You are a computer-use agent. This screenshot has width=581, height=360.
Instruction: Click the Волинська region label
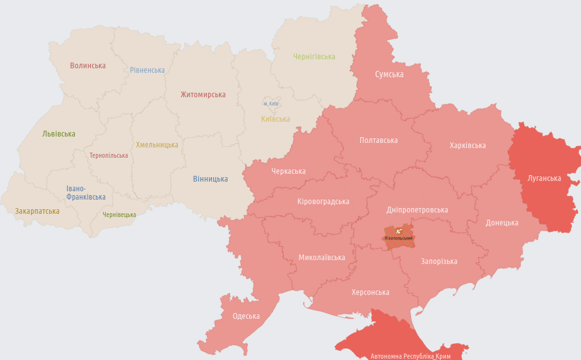[x=88, y=66]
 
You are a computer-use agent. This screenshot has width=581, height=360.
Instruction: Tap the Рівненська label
[x=147, y=70]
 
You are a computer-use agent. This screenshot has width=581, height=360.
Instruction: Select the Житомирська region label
[x=203, y=95]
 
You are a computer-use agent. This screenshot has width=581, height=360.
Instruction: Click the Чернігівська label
[x=314, y=57]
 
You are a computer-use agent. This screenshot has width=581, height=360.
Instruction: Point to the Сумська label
[x=389, y=74]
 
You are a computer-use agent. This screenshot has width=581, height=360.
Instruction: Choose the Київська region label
[x=275, y=119]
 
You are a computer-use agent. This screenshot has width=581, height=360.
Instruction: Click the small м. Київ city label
[x=271, y=104]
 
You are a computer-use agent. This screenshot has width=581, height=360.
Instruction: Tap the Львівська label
[x=59, y=134]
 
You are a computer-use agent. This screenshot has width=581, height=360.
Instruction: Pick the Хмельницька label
[x=157, y=145]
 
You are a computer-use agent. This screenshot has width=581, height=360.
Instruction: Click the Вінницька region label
[x=210, y=179]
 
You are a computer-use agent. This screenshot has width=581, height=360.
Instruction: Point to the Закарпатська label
[x=37, y=211]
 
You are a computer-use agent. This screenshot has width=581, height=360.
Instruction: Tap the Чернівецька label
[x=119, y=215]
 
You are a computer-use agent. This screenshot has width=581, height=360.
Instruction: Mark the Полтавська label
[x=378, y=140]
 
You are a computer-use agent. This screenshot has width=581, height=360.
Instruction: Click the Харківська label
[x=468, y=146]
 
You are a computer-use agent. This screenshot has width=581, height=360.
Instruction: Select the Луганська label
[x=544, y=178]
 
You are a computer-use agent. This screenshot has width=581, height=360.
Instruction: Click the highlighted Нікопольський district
[x=399, y=236]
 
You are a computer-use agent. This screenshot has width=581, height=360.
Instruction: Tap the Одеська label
[x=246, y=316]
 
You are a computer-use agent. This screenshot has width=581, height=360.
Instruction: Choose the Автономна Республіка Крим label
[x=410, y=355]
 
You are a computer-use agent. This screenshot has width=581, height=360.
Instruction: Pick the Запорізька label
[x=439, y=261]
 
